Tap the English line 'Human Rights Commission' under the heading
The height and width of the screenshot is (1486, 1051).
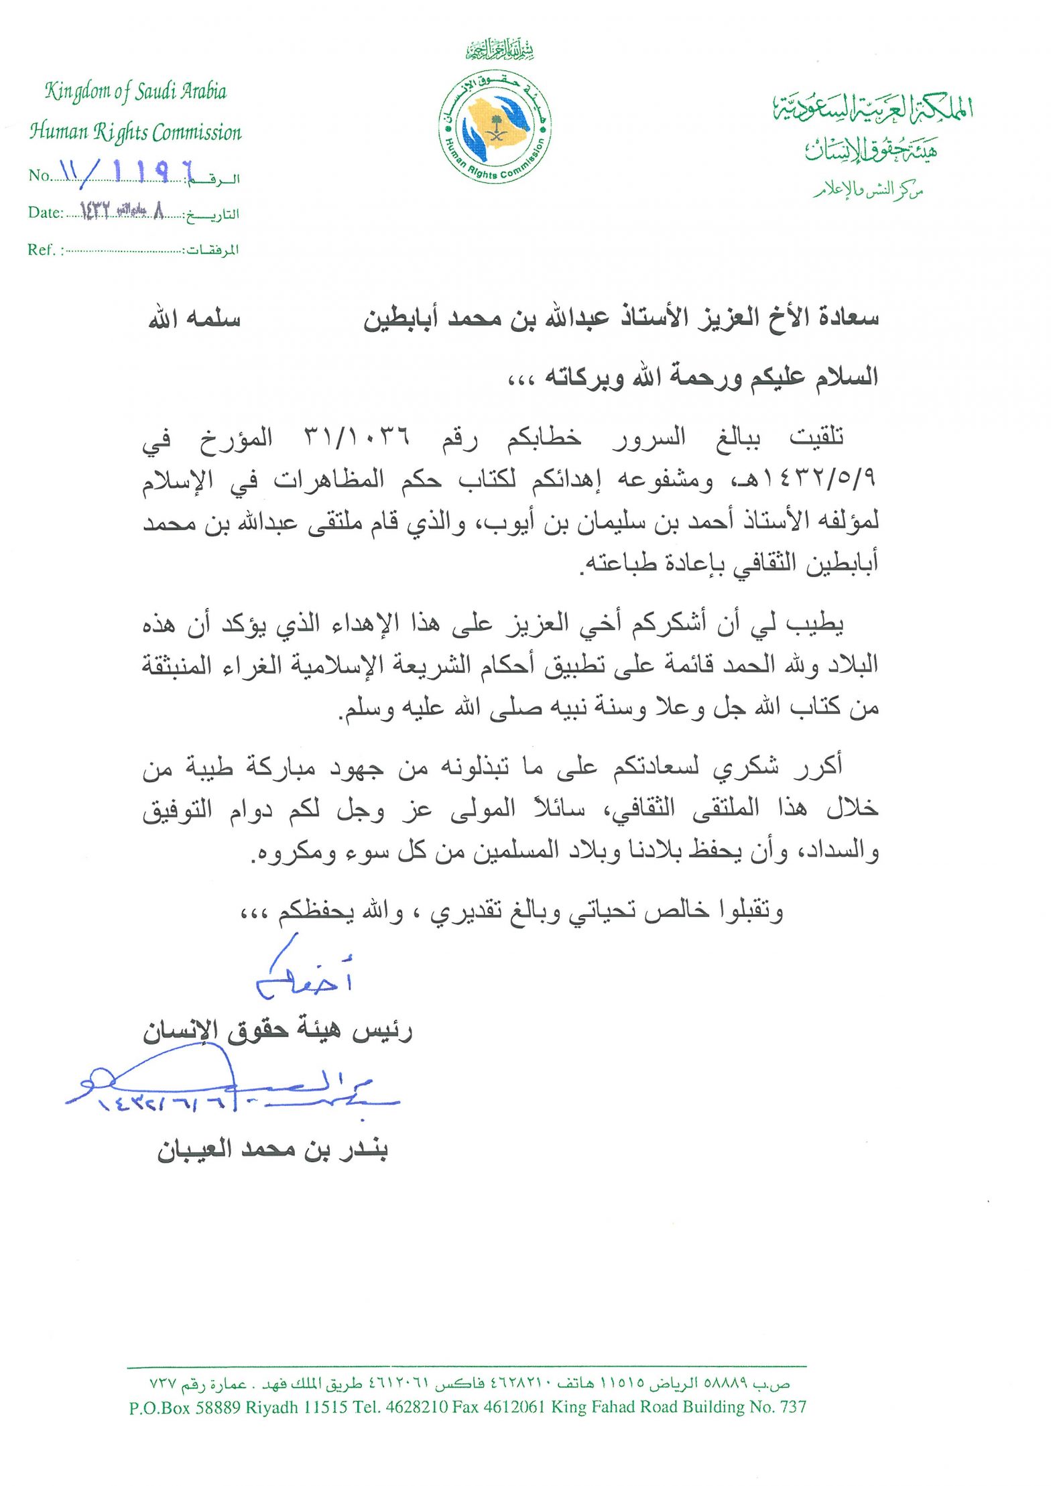tap(135, 132)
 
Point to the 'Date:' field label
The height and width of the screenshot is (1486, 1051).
tap(45, 212)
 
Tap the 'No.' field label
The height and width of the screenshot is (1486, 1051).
tap(40, 176)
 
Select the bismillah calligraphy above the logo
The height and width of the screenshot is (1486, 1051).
tap(500, 49)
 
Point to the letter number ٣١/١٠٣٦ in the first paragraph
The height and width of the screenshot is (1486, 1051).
tap(357, 438)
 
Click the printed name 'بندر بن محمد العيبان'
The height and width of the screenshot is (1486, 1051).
tap(272, 1151)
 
